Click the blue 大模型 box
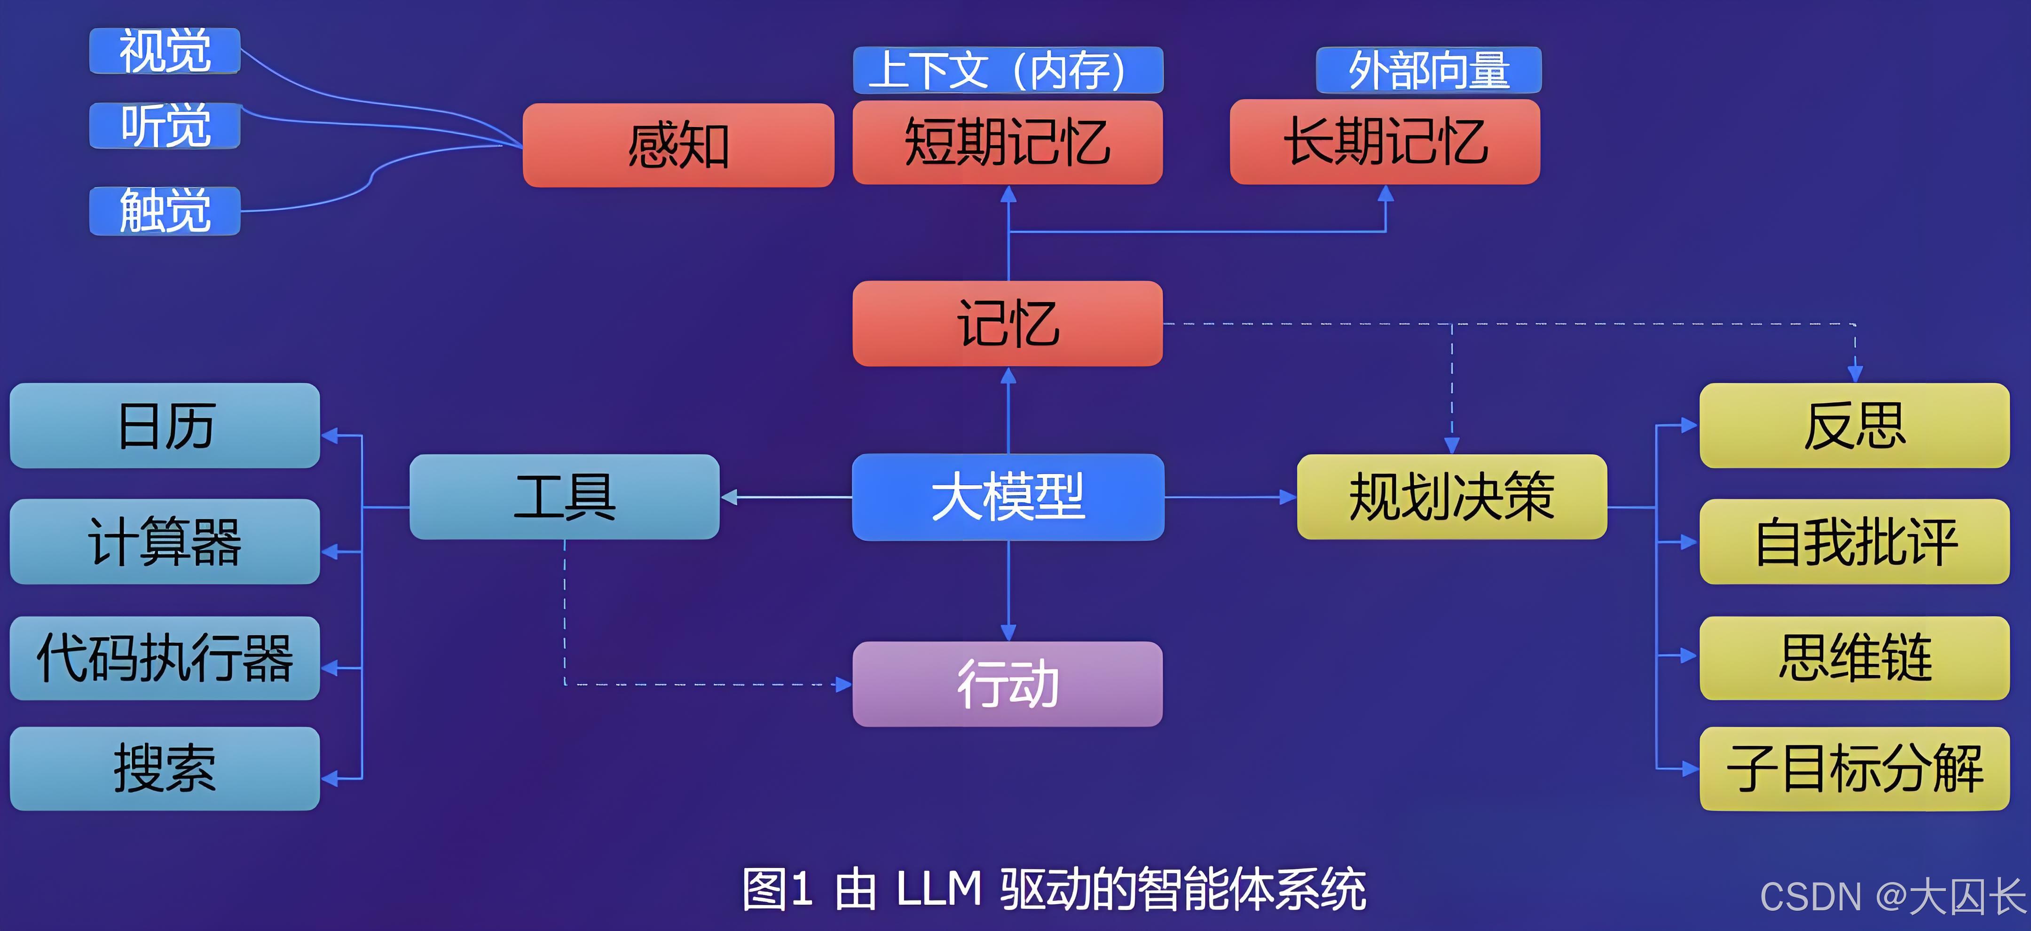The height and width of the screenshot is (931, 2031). pyautogui.click(x=1008, y=497)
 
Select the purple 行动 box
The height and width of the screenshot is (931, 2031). pyautogui.click(x=1008, y=684)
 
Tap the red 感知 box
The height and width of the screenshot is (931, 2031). pyautogui.click(x=678, y=145)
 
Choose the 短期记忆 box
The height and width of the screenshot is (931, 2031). pyautogui.click(x=1008, y=142)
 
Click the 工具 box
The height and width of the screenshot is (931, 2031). pyautogui.click(x=565, y=497)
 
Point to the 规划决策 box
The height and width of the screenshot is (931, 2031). pyautogui.click(x=1451, y=497)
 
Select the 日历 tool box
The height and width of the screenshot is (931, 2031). pyautogui.click(x=165, y=426)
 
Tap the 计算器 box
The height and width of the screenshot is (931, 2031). pyautogui.click(x=165, y=542)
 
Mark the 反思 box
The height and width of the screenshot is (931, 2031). pyautogui.click(x=1854, y=426)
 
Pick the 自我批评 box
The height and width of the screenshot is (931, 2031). pyautogui.click(x=1854, y=542)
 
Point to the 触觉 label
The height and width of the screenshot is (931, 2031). pyautogui.click(x=165, y=211)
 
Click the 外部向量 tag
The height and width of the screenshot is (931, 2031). pyautogui.click(x=1429, y=70)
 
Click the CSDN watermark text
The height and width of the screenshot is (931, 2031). pyautogui.click(x=1892, y=896)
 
